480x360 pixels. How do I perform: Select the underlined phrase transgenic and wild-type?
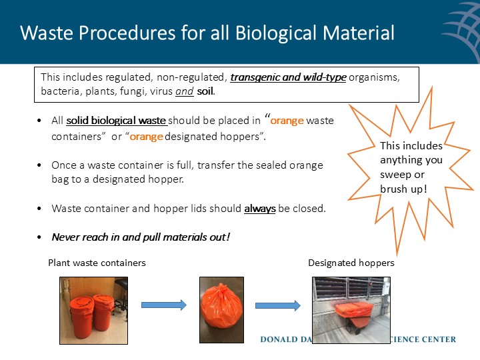pyautogui.click(x=288, y=77)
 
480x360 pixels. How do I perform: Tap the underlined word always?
pyautogui.click(x=259, y=209)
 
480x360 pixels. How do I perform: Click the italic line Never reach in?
pyautogui.click(x=141, y=237)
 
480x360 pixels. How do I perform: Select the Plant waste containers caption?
pyautogui.click(x=97, y=263)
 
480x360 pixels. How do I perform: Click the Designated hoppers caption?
pyautogui.click(x=351, y=263)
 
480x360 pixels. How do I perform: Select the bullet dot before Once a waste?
pyautogui.click(x=41, y=165)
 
